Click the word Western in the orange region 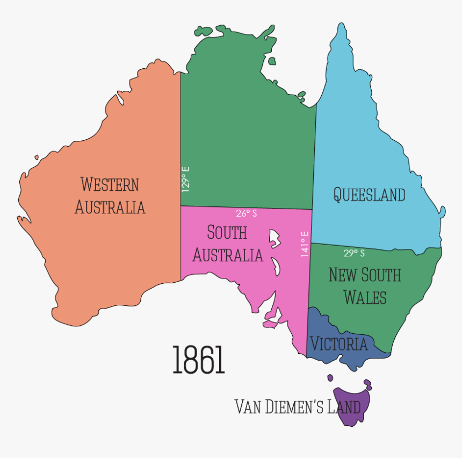(110, 184)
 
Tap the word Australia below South (228, 255)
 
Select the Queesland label (369, 194)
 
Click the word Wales (365, 297)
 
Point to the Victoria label (338, 344)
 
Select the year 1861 (198, 360)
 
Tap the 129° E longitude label (185, 179)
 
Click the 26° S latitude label (247, 213)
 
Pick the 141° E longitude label (305, 244)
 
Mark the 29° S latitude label (354, 253)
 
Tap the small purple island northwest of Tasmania (330, 378)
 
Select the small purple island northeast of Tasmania (367, 384)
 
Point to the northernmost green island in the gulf (271, 61)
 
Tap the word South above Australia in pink (227, 233)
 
